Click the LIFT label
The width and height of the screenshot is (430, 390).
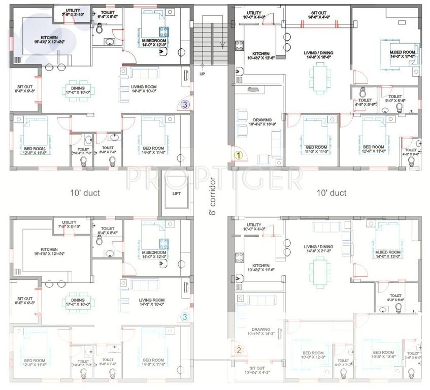(x=176, y=193)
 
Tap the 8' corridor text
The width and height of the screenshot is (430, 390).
(x=213, y=196)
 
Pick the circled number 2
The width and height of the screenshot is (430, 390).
(x=238, y=349)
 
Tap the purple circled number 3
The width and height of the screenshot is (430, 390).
(x=185, y=105)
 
